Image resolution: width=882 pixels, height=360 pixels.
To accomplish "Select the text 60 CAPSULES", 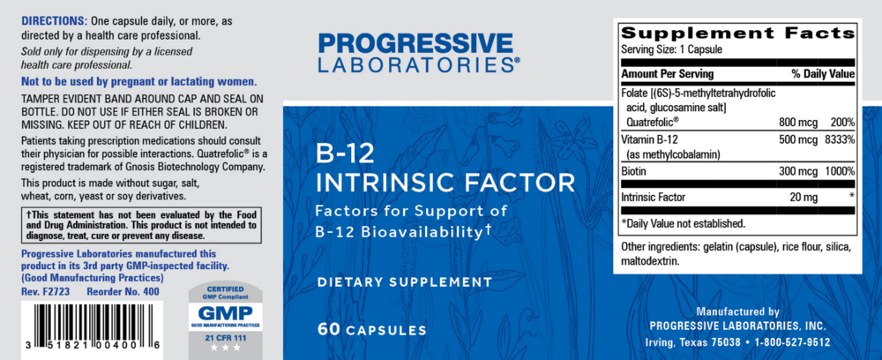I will point(374,329).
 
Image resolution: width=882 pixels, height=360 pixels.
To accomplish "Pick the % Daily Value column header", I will point(823,74).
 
